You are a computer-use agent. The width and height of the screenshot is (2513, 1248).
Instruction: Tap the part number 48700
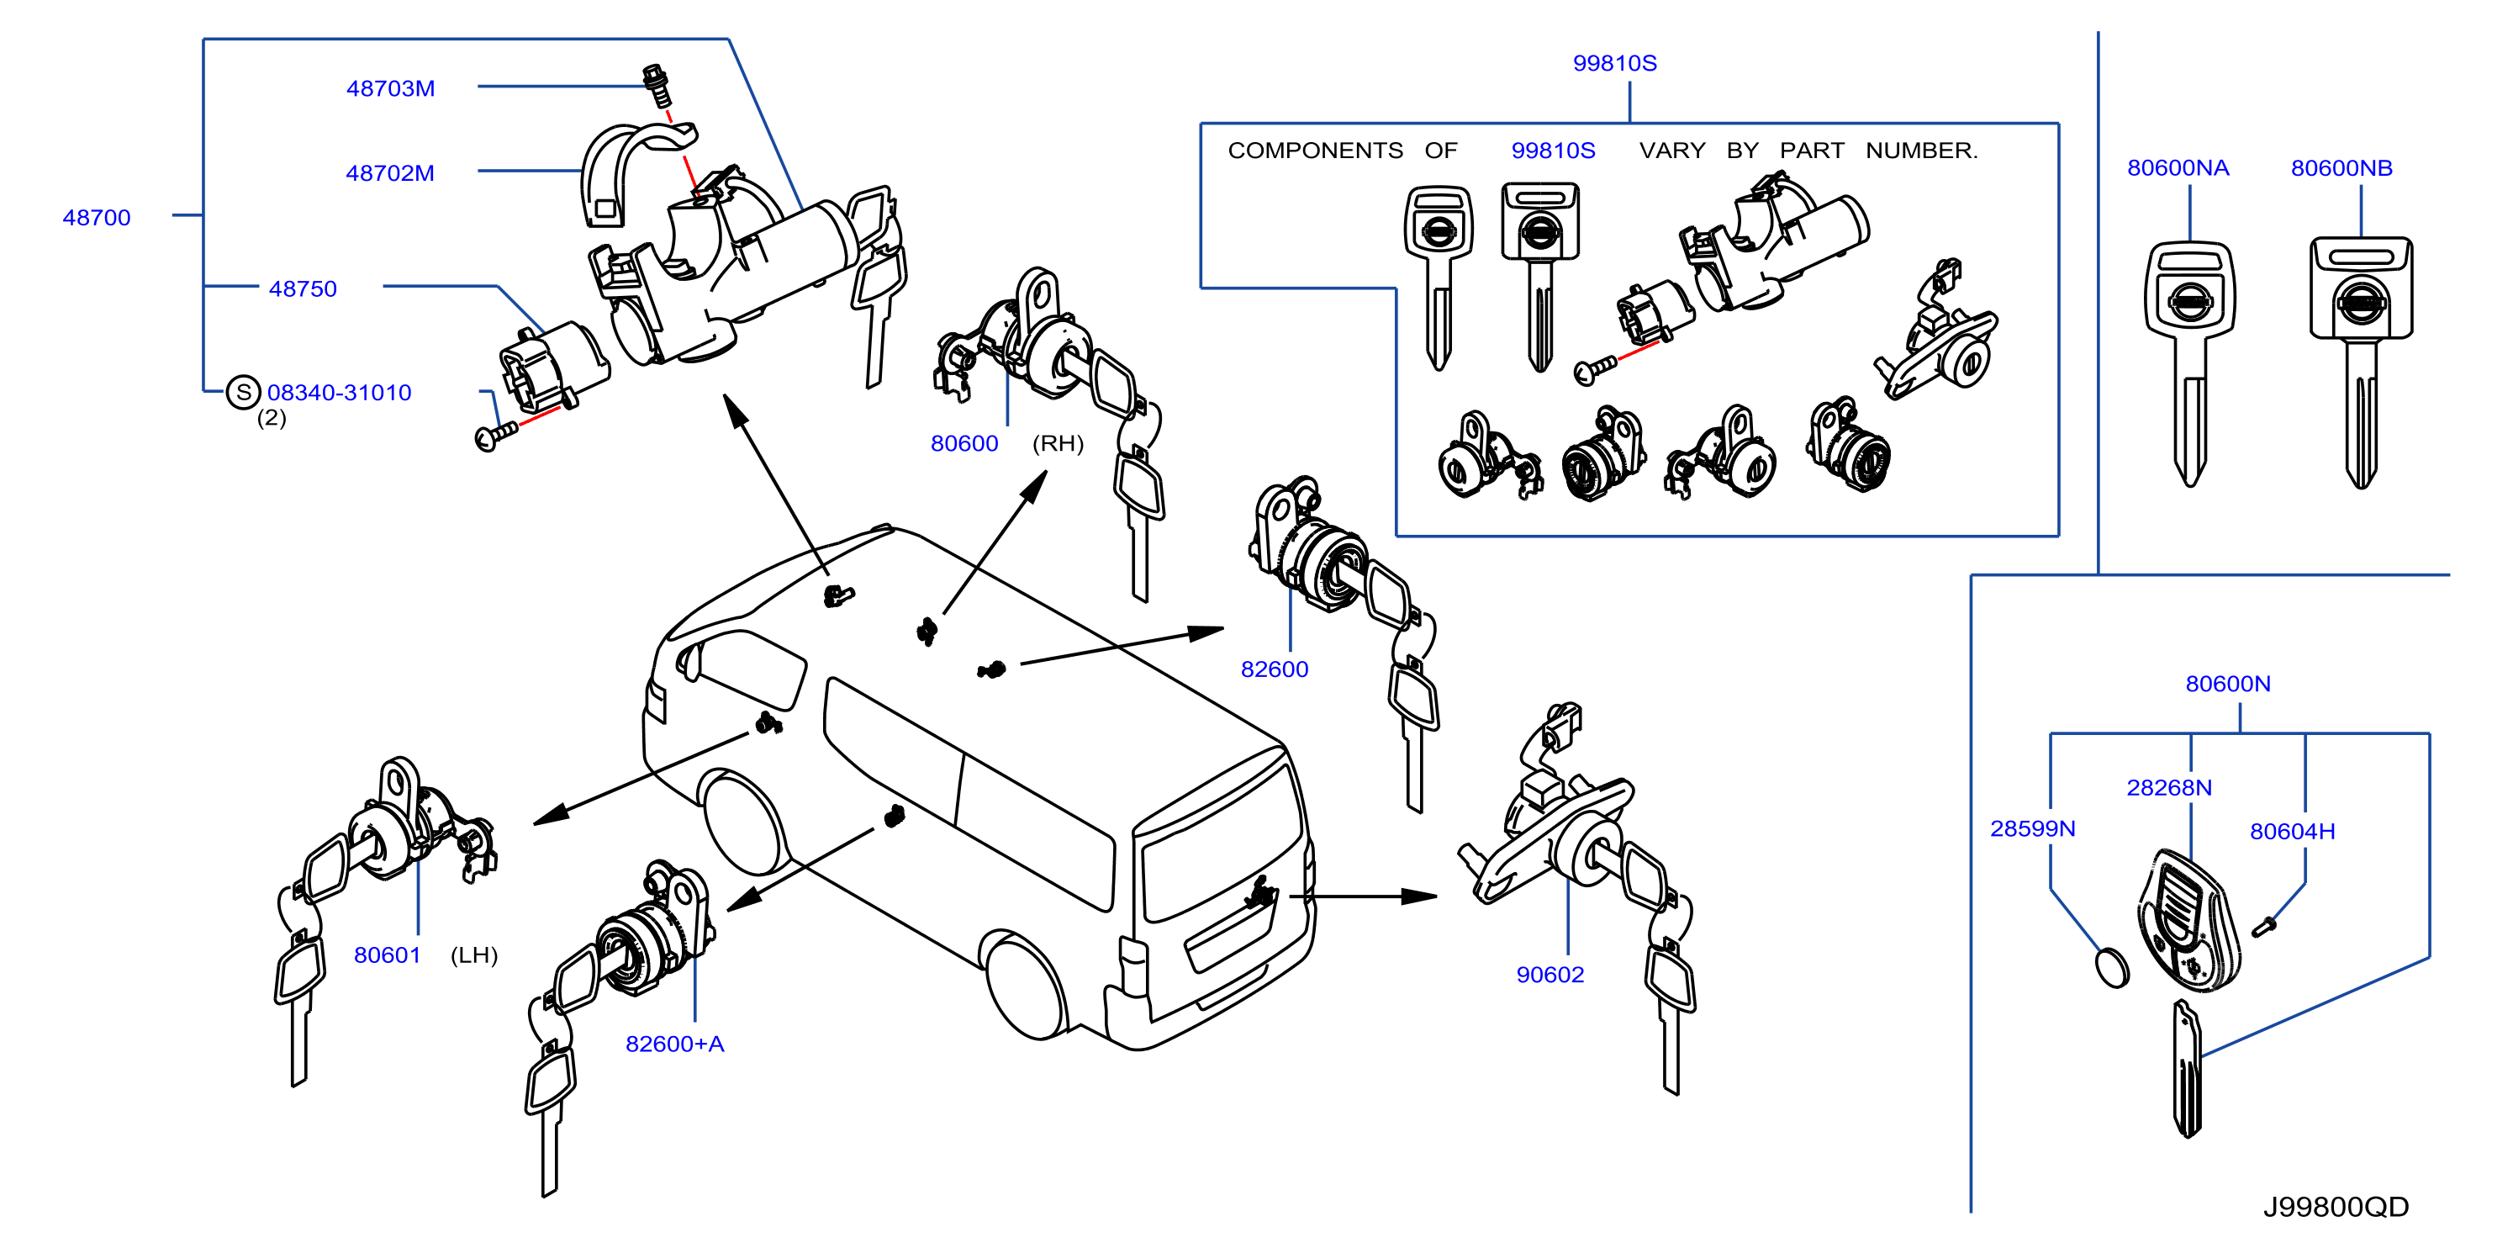click(x=97, y=217)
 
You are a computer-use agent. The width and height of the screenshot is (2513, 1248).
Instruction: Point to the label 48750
click(x=303, y=288)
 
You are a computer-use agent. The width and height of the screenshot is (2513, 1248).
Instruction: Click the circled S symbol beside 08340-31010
click(x=243, y=392)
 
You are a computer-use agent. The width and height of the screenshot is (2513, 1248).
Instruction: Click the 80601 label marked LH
click(x=388, y=955)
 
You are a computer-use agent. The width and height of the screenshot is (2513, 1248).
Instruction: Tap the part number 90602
click(x=1550, y=974)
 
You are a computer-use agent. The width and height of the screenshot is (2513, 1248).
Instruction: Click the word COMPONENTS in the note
click(x=1315, y=151)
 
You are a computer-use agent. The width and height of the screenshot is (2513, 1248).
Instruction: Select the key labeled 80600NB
click(x=2361, y=362)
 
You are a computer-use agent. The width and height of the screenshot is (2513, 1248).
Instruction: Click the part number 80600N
click(x=2228, y=683)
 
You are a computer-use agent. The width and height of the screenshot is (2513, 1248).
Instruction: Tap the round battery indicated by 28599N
click(x=2112, y=967)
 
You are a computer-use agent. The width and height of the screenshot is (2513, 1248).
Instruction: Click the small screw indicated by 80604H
click(x=2264, y=926)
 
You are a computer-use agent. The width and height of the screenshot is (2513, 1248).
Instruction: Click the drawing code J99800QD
click(x=2336, y=1206)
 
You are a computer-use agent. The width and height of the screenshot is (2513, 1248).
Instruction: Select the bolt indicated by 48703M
click(x=657, y=85)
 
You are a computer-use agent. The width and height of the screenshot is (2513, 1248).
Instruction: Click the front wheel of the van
click(x=743, y=822)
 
